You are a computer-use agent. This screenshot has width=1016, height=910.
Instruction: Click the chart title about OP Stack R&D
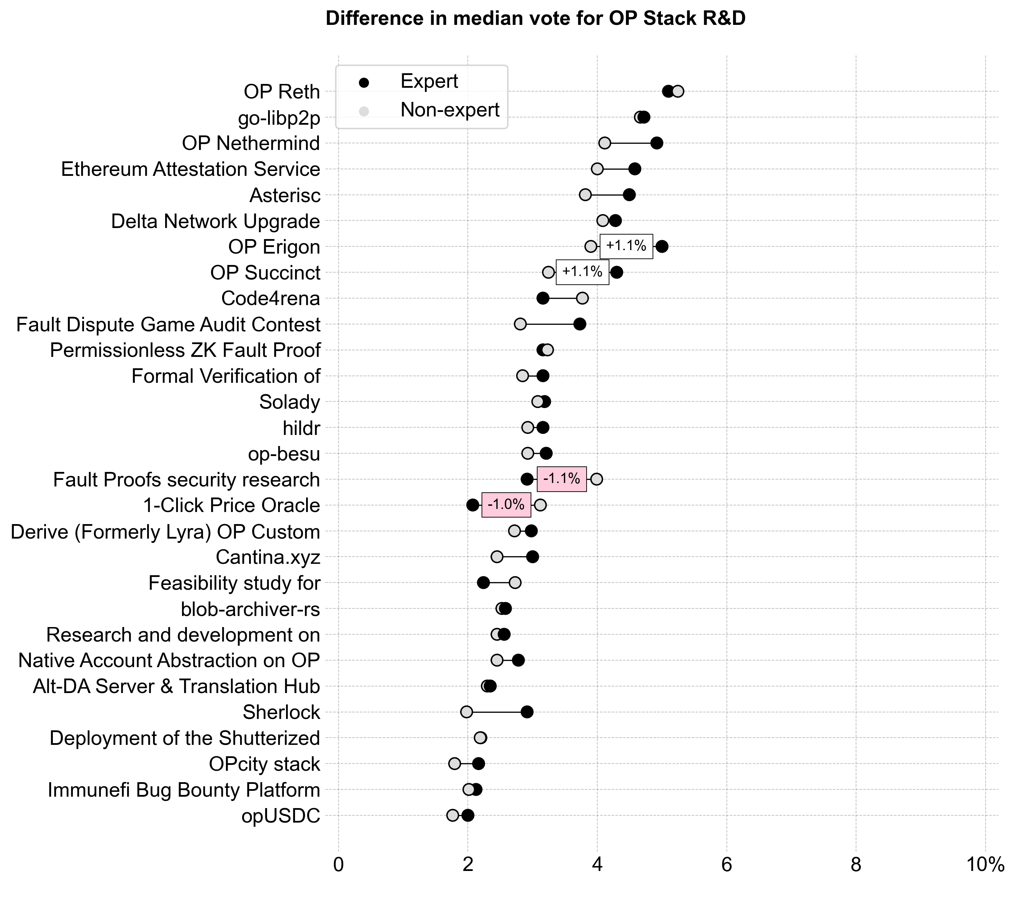tap(535, 19)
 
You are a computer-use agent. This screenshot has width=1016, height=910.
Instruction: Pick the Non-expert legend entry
tap(449, 110)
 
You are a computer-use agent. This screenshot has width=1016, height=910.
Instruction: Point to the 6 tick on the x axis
tap(727, 864)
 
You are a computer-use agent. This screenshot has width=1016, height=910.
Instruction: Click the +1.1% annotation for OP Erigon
tap(626, 246)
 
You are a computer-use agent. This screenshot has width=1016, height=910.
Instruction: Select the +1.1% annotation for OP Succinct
tap(582, 272)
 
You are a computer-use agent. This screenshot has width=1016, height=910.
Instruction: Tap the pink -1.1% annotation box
tap(561, 479)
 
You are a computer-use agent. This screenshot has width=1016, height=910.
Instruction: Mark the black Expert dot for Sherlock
tap(527, 712)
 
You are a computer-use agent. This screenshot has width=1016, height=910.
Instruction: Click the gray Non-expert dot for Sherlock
tap(466, 712)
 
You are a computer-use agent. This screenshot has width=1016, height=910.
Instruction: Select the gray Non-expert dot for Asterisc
tap(585, 195)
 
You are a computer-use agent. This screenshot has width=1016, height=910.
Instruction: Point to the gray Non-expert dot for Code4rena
tap(582, 298)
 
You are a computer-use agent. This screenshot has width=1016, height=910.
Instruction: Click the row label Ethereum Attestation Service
tap(190, 170)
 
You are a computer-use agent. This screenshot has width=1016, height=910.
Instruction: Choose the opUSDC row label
tap(281, 816)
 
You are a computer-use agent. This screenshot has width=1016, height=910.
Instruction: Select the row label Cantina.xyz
tap(268, 557)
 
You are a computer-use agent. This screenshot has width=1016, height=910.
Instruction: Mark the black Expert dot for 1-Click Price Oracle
tap(473, 505)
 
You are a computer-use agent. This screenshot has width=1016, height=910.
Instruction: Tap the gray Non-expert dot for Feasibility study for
tap(515, 582)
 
